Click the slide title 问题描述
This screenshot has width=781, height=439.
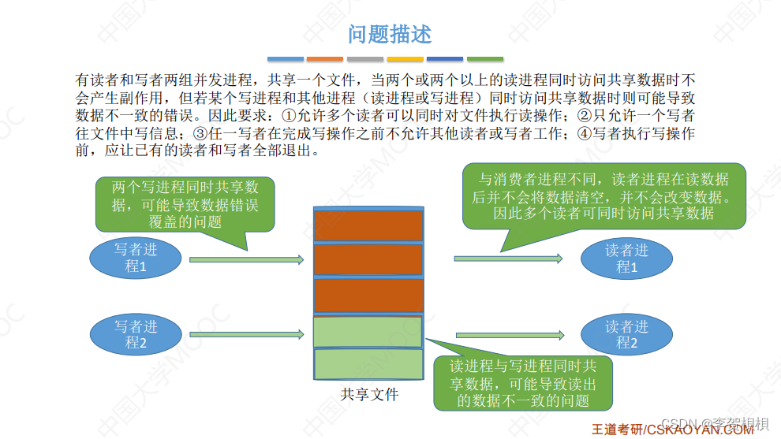click(x=390, y=35)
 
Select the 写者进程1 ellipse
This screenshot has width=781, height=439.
click(x=136, y=259)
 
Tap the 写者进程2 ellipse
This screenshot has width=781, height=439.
click(x=136, y=335)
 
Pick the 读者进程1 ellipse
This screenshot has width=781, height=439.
click(x=626, y=259)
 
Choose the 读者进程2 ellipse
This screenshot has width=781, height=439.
click(x=626, y=335)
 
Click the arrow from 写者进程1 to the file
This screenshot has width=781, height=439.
click(x=246, y=259)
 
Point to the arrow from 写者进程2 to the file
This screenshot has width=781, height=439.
click(x=246, y=335)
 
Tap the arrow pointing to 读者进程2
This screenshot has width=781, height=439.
click(x=508, y=335)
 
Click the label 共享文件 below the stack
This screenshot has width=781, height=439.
click(x=368, y=395)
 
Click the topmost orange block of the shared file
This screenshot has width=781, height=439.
click(x=368, y=225)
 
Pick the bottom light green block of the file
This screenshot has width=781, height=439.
click(x=368, y=365)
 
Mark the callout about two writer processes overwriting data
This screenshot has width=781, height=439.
click(x=185, y=203)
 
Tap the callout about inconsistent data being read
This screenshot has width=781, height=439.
click(x=523, y=383)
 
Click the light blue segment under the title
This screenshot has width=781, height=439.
click(x=285, y=59)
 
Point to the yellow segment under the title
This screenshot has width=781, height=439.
click(x=405, y=59)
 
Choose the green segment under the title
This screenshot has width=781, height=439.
click(x=485, y=59)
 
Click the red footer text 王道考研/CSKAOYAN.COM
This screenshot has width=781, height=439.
click(x=672, y=430)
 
